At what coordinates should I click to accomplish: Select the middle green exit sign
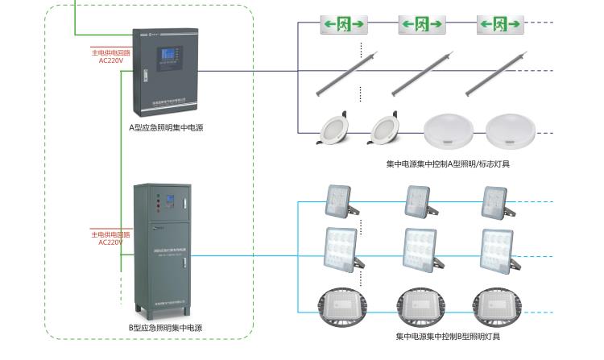pyautogui.click(x=422, y=24)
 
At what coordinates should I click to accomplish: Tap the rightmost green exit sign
pyautogui.click(x=500, y=24)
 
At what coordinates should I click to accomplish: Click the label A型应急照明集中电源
pyautogui.click(x=166, y=127)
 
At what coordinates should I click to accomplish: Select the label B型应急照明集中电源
pyautogui.click(x=165, y=328)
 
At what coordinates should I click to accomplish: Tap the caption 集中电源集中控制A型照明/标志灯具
pyautogui.click(x=448, y=164)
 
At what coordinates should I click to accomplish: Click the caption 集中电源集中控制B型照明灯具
pyautogui.click(x=448, y=336)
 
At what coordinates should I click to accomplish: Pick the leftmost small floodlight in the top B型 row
pyautogui.click(x=338, y=201)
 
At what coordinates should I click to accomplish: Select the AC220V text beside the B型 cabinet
pyautogui.click(x=110, y=242)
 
